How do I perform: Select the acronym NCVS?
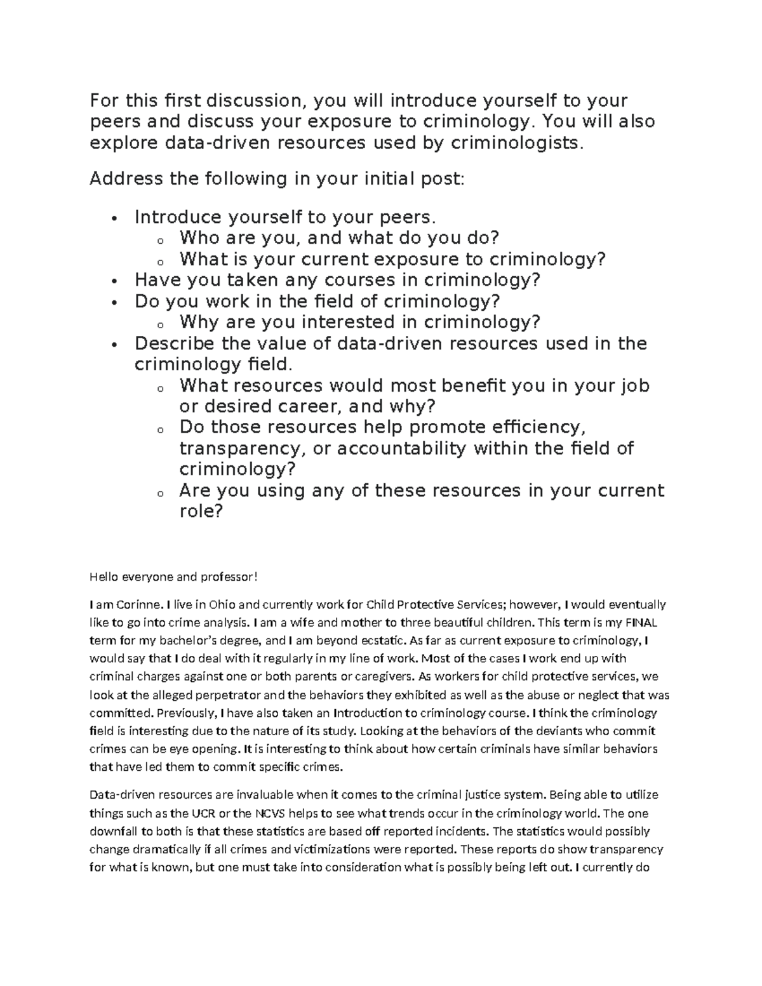click(x=271, y=813)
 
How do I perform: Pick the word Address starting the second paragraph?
click(x=126, y=179)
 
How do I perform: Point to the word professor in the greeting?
click(x=229, y=576)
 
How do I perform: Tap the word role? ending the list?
click(x=201, y=511)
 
